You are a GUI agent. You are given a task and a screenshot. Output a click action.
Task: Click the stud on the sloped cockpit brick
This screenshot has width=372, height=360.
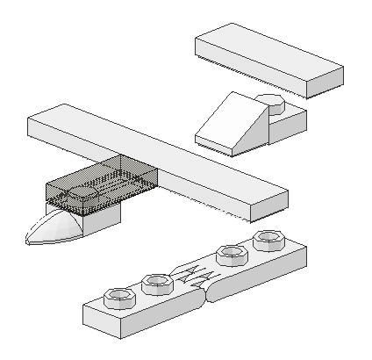tap(273, 104)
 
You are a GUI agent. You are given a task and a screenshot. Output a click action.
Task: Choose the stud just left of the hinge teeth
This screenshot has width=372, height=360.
tap(157, 281)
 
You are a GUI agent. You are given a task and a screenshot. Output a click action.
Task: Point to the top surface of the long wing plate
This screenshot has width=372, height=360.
tap(158, 153)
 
